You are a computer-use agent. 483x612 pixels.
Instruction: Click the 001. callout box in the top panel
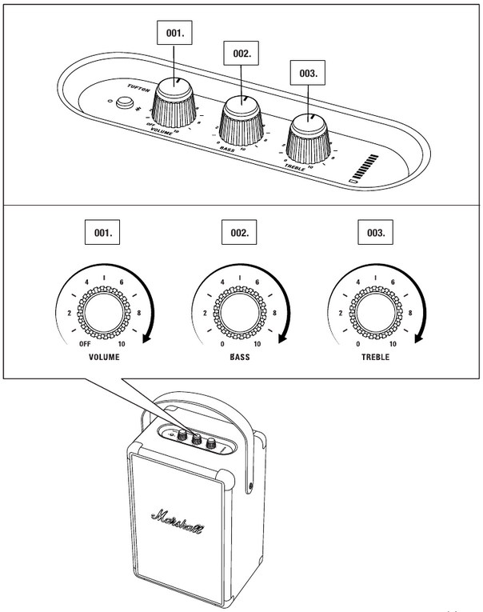coord(174,34)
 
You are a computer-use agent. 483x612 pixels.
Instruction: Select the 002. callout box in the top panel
coord(241,54)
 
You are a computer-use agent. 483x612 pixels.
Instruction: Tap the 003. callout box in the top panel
coord(308,72)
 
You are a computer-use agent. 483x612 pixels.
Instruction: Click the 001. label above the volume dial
coord(103,234)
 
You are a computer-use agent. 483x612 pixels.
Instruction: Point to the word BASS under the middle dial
coord(239,357)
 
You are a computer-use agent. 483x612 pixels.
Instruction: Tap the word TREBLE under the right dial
coord(374,357)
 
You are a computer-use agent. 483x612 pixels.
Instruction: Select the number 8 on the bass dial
coord(275,313)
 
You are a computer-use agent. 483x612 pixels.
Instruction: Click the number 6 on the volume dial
coord(122,282)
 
